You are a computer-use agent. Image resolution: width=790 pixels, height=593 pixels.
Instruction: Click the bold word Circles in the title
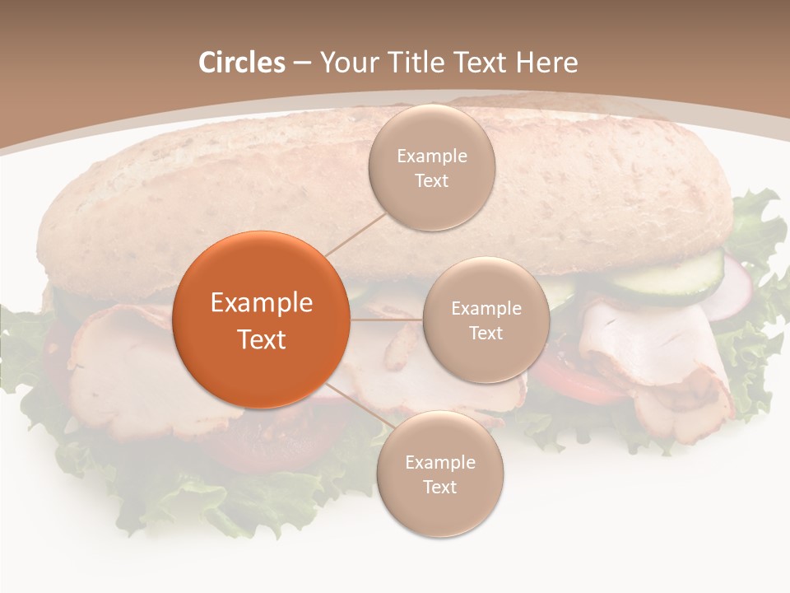[241, 63]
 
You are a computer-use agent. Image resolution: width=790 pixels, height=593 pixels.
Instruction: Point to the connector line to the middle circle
[387, 320]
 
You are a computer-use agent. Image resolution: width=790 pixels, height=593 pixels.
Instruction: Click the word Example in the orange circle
[262, 303]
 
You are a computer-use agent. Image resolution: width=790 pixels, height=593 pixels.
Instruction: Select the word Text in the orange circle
[262, 339]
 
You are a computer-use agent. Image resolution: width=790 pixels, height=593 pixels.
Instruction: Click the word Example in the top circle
[431, 156]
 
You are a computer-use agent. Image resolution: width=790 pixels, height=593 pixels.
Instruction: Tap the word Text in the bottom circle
[439, 487]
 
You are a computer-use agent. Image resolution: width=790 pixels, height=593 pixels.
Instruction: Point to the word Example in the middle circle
[486, 309]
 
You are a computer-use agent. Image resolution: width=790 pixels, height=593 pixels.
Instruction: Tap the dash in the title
[302, 63]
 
